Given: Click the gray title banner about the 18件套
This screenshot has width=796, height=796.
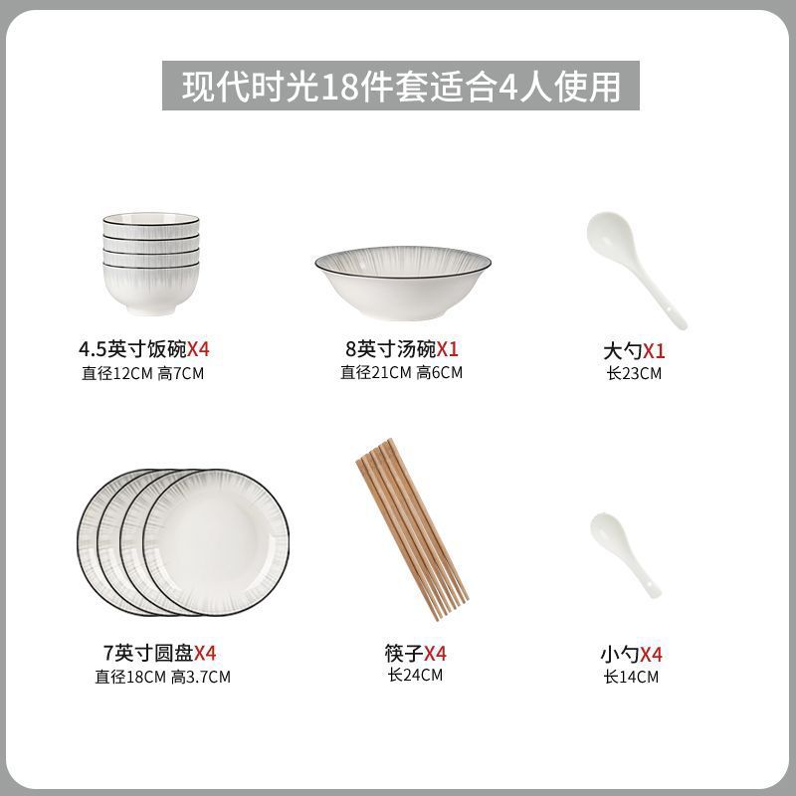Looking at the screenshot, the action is (x=401, y=86).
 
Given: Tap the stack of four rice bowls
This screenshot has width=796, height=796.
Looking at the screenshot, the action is (x=151, y=264).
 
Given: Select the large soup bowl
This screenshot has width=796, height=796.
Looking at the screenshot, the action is (x=403, y=284).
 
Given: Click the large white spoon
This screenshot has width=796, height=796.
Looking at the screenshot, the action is (x=636, y=270).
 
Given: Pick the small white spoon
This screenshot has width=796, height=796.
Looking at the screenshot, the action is (x=626, y=555).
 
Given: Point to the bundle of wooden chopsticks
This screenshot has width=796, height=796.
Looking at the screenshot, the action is (x=412, y=529).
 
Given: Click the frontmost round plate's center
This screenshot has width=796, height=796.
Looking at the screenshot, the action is (x=216, y=541).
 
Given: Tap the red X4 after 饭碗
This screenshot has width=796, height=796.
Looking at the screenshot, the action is (x=198, y=349).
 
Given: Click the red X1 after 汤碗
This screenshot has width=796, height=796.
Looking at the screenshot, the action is (x=448, y=349).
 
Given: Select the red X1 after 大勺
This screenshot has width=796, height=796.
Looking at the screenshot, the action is (x=654, y=351).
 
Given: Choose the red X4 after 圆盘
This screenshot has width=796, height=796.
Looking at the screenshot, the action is (x=206, y=653).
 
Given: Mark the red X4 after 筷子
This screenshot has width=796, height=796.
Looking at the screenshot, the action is (x=435, y=653).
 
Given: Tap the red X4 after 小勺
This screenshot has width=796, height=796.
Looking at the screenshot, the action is (x=651, y=655).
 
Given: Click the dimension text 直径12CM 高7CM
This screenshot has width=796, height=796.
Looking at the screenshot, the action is (x=142, y=374).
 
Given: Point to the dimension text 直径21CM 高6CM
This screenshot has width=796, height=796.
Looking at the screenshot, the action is (x=402, y=372).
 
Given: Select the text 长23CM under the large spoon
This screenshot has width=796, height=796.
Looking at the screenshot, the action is (x=634, y=374).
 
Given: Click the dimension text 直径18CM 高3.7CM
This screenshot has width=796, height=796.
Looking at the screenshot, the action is (x=162, y=677).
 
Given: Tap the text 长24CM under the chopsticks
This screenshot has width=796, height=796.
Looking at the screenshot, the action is (x=415, y=676).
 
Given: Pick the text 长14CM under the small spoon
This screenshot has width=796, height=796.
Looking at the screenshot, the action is (x=631, y=677).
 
